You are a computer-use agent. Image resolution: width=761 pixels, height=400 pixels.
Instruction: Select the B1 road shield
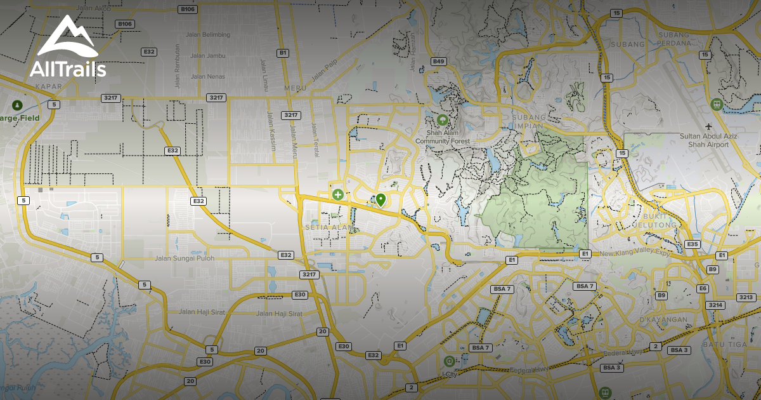[x=283, y=53]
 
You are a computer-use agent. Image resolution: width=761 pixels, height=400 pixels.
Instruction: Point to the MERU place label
[x=296, y=87]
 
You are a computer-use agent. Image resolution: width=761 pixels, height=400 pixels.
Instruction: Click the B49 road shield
[x=438, y=61]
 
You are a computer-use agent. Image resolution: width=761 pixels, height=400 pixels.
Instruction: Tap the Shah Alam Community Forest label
[x=442, y=137]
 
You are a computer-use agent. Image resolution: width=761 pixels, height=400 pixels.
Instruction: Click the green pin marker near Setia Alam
[x=380, y=200]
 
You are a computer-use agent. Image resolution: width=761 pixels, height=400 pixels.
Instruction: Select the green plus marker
[x=338, y=194]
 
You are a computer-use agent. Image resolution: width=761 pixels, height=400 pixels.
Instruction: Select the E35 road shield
[x=693, y=244]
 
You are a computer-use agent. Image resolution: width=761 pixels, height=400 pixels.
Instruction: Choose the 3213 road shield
[x=746, y=297]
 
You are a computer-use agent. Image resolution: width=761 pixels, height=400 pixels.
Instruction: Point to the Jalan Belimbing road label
[x=207, y=35]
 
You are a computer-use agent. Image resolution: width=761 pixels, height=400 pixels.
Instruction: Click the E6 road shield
[x=702, y=288]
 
